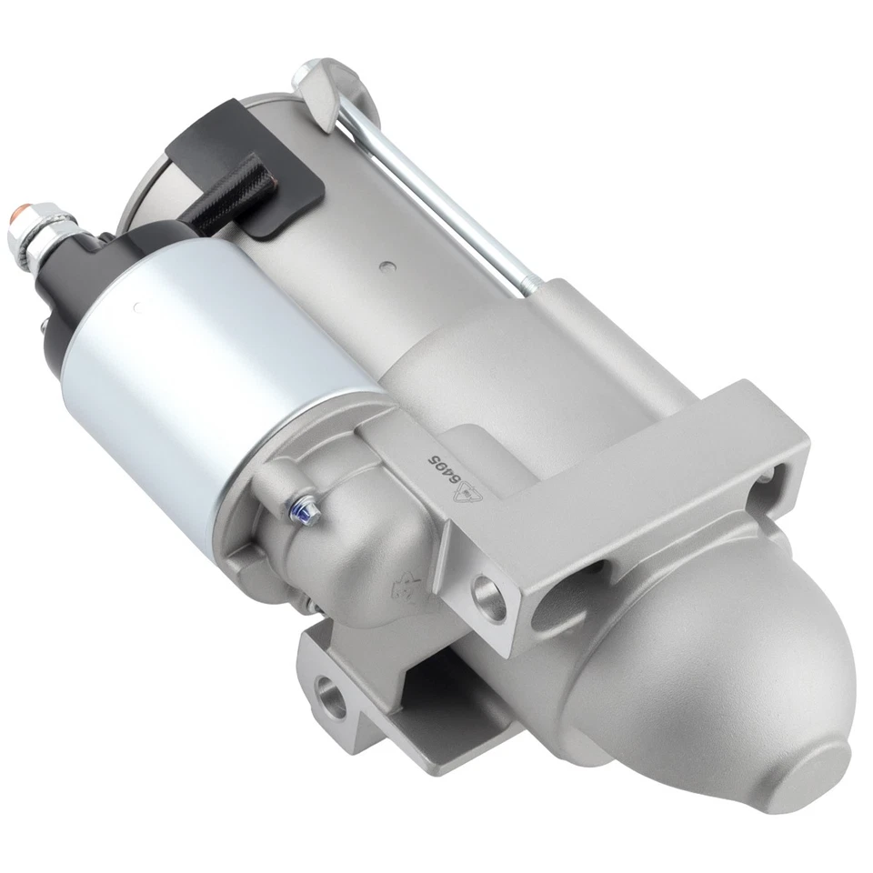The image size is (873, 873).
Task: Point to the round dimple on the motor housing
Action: point(388,267)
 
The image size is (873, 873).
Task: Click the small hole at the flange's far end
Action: point(767,475)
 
